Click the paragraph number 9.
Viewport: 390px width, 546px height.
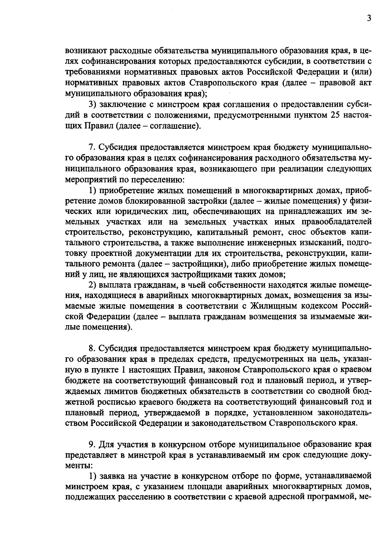(x=91, y=444)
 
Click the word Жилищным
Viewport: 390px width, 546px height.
(x=278, y=306)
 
